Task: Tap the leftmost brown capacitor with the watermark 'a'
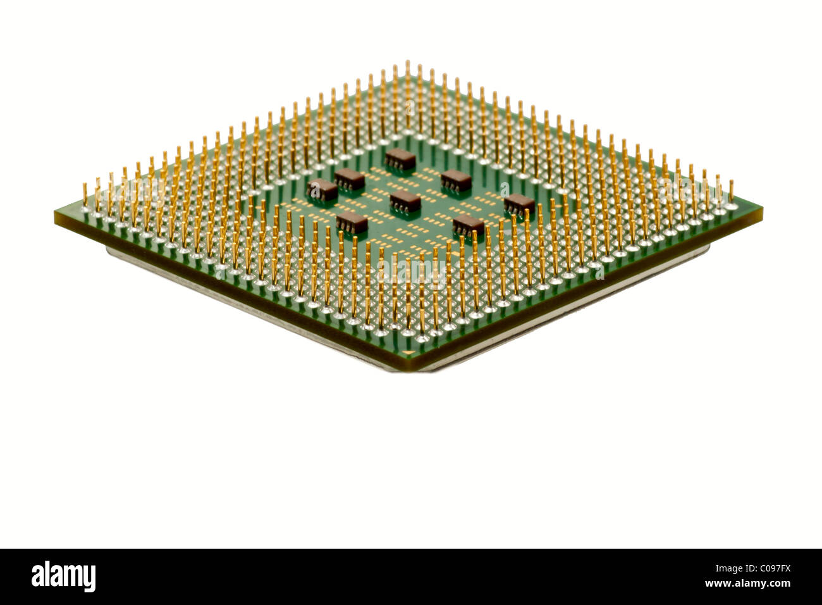click(322, 189)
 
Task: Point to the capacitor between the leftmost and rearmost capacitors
click(350, 178)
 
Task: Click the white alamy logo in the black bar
click(63, 577)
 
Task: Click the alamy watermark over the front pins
click(411, 273)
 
